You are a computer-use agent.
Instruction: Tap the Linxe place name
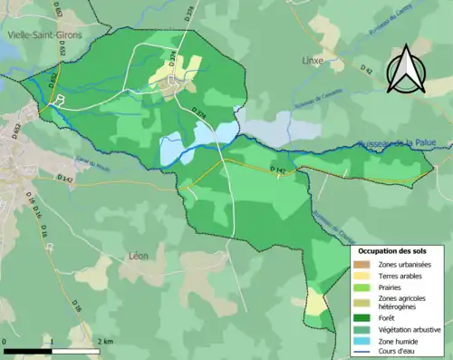tap(312, 61)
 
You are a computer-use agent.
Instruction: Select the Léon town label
tap(139, 256)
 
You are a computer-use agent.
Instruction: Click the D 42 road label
tap(365, 69)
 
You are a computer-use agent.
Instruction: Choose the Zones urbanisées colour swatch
tap(364, 264)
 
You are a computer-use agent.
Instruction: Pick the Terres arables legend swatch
tap(364, 276)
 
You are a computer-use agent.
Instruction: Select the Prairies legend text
tap(395, 287)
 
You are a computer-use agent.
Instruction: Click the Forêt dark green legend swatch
tap(364, 316)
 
